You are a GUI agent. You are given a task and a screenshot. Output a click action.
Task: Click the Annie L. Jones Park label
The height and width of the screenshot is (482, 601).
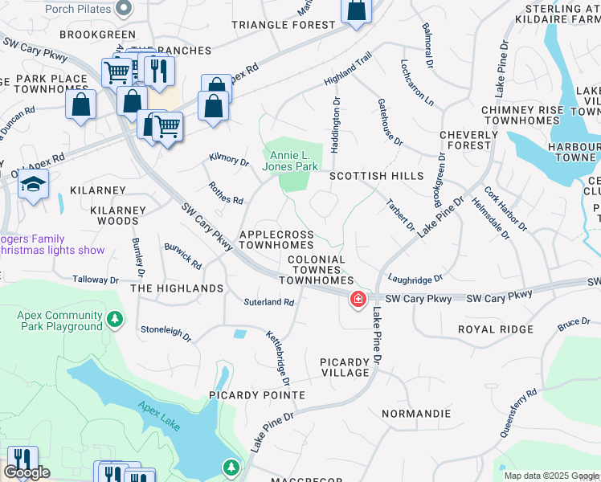[x=288, y=161]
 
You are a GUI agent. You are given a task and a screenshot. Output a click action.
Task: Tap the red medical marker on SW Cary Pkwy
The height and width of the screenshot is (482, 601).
[x=357, y=300]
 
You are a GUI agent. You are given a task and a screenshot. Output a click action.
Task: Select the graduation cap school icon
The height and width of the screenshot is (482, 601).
[x=33, y=186]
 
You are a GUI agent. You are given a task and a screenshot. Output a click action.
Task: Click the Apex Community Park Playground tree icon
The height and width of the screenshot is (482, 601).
[x=115, y=321]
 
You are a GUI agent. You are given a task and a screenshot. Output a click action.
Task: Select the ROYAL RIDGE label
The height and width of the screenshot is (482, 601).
[x=495, y=329]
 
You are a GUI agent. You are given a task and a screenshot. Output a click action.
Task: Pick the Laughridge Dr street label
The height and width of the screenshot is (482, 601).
[x=415, y=279]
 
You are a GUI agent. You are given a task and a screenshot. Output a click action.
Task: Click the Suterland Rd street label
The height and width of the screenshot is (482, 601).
[x=270, y=303]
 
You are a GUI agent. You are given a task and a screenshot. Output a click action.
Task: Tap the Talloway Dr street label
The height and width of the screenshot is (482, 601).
[x=96, y=280]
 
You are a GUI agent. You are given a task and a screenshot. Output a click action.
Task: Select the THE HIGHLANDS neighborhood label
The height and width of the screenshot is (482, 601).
[x=177, y=288]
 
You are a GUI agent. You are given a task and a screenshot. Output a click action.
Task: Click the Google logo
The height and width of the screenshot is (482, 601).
[x=27, y=473]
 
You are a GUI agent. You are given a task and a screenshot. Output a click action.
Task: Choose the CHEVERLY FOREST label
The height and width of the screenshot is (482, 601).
[x=464, y=140]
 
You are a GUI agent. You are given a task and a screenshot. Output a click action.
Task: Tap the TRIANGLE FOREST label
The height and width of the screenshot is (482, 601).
[x=283, y=25]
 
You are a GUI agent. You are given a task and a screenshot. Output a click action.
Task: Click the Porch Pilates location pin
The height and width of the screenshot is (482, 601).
[x=123, y=9]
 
